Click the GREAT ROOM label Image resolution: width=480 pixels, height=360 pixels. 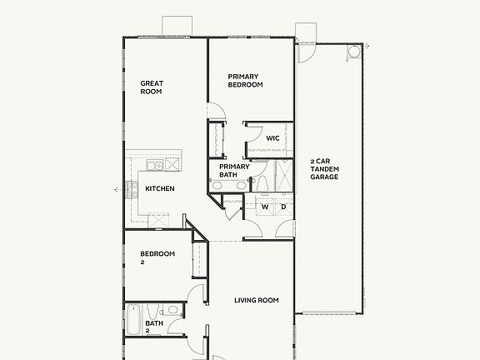point(151,87)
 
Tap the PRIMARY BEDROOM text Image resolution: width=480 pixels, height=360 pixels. point(245,81)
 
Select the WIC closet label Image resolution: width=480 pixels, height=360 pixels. point(272,138)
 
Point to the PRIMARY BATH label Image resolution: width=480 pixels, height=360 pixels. point(234,171)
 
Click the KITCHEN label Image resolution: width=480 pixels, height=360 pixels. point(160,189)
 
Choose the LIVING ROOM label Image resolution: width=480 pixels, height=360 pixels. point(256,300)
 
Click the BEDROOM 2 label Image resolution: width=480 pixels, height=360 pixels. point(157,257)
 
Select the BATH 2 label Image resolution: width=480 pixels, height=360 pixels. point(154,327)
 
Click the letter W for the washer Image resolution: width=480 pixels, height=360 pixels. point(265,206)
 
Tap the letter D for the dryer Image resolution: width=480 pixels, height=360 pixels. point(283,206)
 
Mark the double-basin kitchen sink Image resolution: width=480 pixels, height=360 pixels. point(153,164)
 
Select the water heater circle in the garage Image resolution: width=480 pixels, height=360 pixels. point(353,52)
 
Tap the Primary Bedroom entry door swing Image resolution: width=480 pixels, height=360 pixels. point(215,111)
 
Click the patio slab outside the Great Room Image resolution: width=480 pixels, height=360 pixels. point(177,26)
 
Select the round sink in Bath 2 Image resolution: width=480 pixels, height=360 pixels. point(172,310)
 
